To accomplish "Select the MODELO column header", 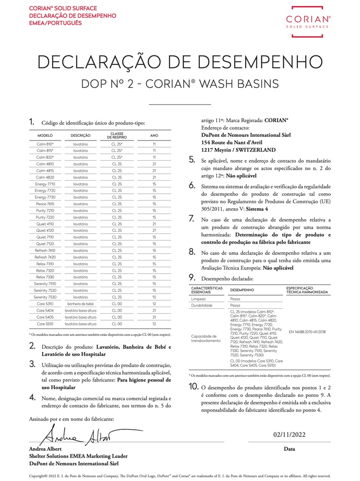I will click(45, 136).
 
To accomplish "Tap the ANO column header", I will click(154, 136).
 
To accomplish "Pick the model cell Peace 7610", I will click(45, 204).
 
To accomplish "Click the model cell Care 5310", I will click(45, 303).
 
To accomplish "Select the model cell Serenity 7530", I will click(45, 297).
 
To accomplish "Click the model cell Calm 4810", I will click(45, 164).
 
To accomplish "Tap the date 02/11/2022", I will click(289, 435).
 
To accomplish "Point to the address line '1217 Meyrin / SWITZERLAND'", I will click(238, 149).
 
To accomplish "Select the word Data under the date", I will click(289, 449).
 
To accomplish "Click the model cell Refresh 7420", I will click(45, 257).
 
